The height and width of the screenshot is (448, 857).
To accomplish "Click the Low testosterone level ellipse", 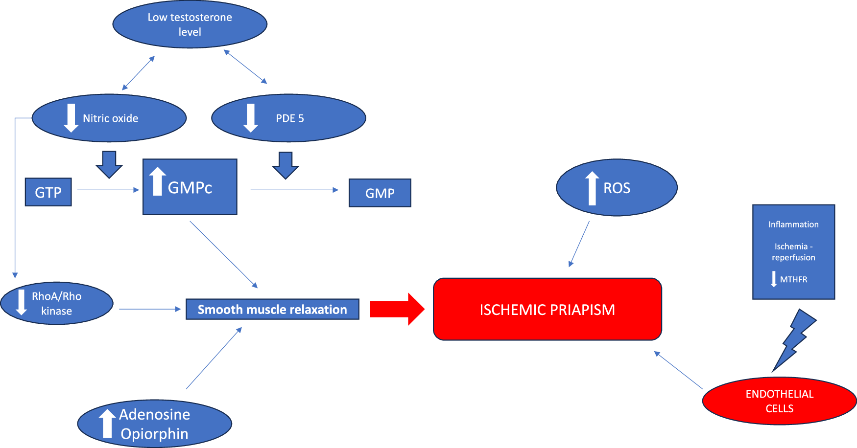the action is point(190,24).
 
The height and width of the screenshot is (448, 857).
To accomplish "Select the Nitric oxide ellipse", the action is point(109,118).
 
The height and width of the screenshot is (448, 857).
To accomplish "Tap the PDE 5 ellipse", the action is point(288,118).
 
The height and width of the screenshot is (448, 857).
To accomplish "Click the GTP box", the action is point(48,192).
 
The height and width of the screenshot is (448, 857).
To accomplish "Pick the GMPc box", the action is point(190,187).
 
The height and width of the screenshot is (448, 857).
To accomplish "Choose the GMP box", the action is point(380,193).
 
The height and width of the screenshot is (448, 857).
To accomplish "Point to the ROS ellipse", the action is point(617,187).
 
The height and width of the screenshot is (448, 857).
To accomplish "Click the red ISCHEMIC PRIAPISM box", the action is point(548,309).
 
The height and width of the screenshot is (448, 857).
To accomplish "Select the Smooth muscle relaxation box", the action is point(272,309).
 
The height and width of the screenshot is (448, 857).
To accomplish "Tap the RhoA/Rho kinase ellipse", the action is point(57,303).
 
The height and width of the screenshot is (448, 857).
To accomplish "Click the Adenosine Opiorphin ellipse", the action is point(155,424).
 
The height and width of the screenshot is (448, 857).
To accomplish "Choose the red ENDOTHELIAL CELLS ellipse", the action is point(779,401).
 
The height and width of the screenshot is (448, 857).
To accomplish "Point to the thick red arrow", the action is point(397,309).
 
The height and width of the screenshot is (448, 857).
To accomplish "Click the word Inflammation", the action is point(793,224).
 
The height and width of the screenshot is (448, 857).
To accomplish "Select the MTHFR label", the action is point(793,279).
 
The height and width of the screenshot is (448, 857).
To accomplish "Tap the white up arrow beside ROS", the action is point(592,188).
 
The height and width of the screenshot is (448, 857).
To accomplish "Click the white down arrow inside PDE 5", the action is point(251,118).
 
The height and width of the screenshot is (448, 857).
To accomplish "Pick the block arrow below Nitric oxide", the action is point(109,165).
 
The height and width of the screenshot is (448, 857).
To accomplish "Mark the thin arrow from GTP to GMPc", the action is point(108,190).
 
